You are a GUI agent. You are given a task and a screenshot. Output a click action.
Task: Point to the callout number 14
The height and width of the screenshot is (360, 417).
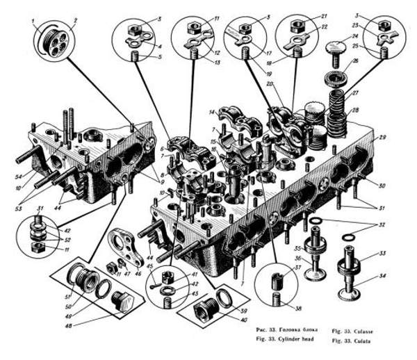(210, 112)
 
